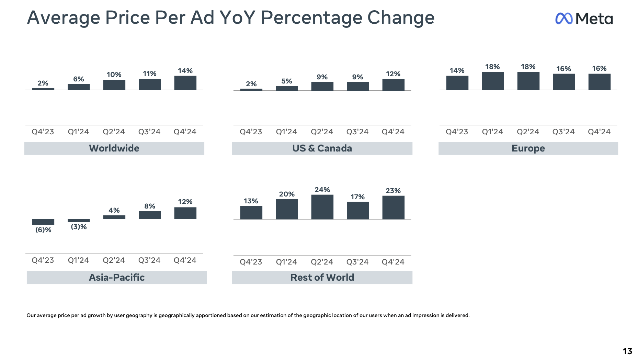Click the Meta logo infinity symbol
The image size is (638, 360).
point(563,19)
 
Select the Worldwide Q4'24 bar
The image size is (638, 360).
point(185,83)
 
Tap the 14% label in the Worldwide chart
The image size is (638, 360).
point(185,71)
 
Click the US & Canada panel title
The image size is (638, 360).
point(322,148)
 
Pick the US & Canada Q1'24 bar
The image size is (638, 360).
point(287,88)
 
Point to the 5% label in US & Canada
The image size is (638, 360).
point(287,81)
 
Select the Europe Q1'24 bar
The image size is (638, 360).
point(492,81)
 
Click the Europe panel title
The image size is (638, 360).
point(528,148)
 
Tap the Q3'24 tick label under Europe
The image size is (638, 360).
point(563,132)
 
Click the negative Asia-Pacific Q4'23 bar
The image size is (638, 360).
point(43,222)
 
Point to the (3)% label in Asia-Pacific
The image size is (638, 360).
point(79,227)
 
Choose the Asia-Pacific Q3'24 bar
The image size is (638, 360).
point(150,215)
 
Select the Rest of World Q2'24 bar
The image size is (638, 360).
point(322,207)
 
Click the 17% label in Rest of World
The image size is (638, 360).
point(357,197)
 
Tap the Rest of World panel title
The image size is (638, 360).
point(322,278)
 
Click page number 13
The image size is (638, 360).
point(627,351)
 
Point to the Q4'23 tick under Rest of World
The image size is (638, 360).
point(251,262)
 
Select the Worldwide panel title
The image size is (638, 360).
point(114,148)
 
